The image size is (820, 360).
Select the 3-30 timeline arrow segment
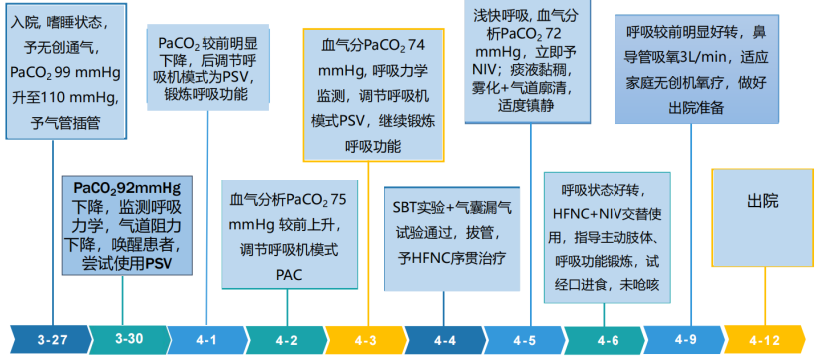click(x=128, y=339)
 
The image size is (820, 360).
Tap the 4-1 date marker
click(x=206, y=340)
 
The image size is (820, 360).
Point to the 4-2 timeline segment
click(x=286, y=340)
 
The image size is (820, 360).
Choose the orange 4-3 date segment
click(x=366, y=340)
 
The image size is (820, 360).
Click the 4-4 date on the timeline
click(x=446, y=340)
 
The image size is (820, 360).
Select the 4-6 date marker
click(x=606, y=340)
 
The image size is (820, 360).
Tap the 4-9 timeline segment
click(x=685, y=339)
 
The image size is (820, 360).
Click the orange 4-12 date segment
click(x=765, y=340)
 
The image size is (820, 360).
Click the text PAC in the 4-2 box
click(x=287, y=272)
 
